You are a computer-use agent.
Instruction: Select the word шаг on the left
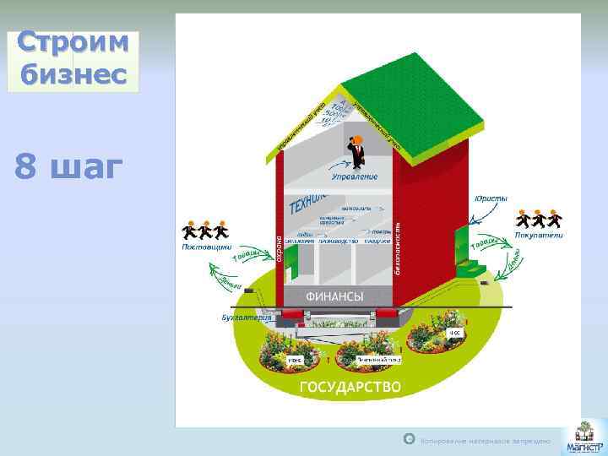pyautogui.click(x=81, y=167)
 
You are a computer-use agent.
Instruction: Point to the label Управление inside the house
pyautogui.click(x=354, y=176)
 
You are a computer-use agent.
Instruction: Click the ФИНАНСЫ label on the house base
pyautogui.click(x=334, y=296)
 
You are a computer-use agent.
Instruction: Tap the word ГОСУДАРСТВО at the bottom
pyautogui.click(x=350, y=388)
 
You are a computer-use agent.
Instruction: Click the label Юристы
pyautogui.click(x=491, y=198)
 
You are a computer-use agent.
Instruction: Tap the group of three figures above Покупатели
pyautogui.click(x=539, y=219)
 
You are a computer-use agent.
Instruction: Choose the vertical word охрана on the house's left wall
pyautogui.click(x=279, y=244)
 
